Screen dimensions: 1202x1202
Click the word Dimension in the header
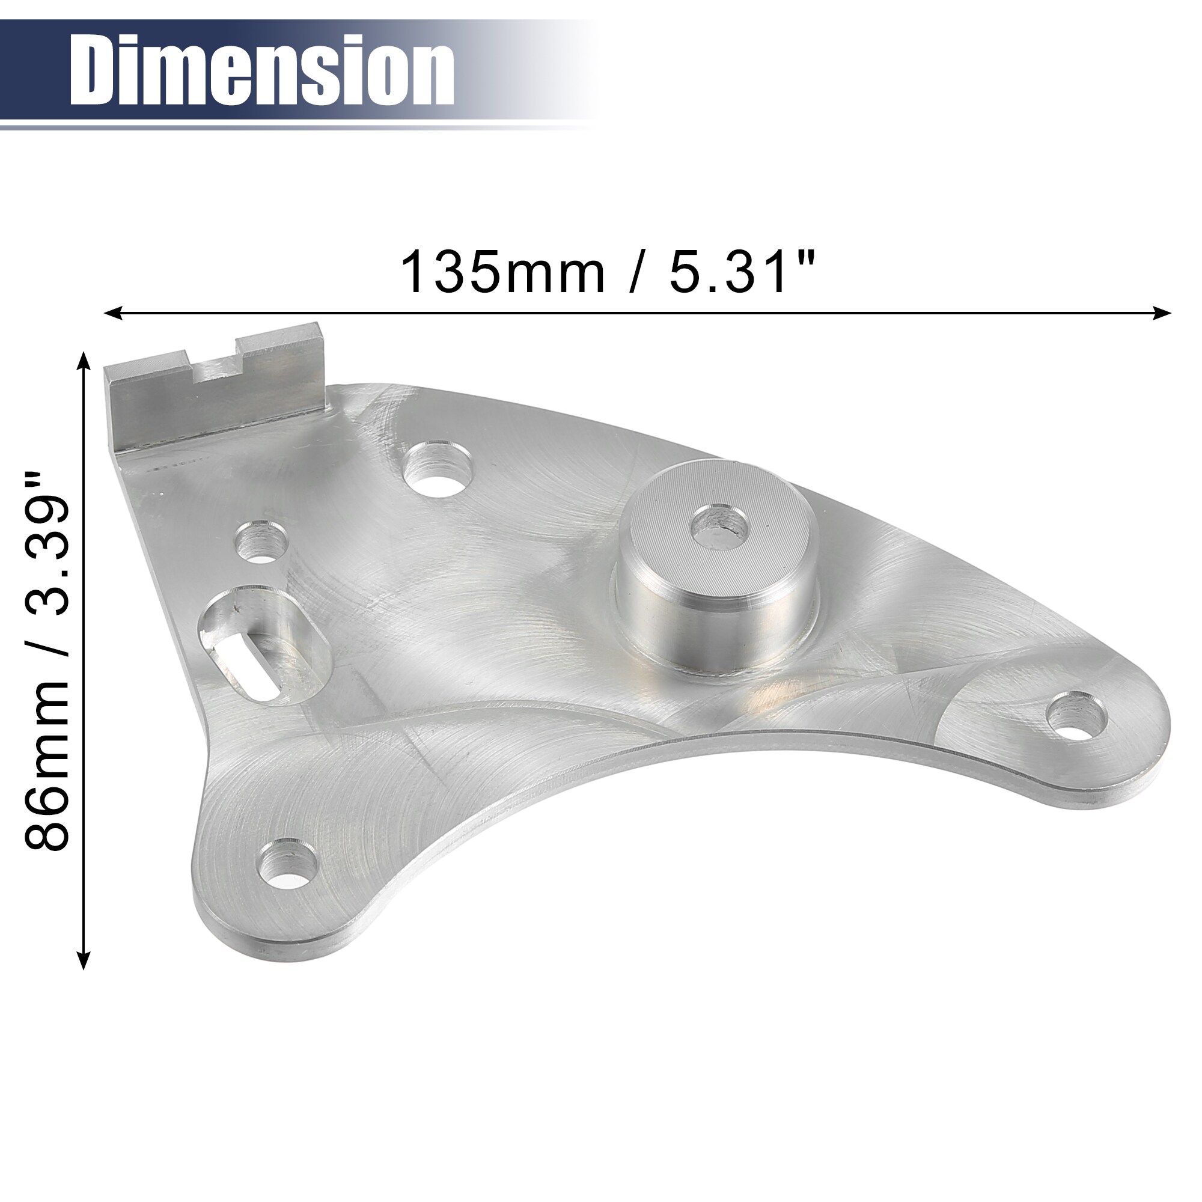click(261, 70)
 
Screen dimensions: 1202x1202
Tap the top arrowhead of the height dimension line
click(83, 361)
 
